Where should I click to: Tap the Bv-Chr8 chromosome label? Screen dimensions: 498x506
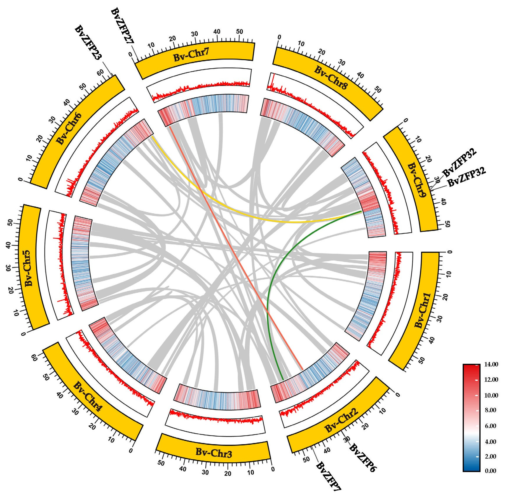point(331,78)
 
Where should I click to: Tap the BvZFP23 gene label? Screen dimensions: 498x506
point(88,43)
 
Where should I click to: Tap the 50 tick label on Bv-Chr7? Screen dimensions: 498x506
point(239,31)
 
